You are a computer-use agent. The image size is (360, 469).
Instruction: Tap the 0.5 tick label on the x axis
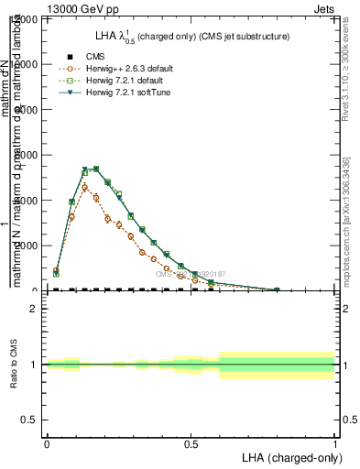[191, 443]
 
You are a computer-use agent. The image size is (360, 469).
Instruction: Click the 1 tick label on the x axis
[335, 443]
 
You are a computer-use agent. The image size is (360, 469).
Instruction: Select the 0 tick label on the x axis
[46, 443]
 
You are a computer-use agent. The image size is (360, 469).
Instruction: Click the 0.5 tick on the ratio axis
[29, 420]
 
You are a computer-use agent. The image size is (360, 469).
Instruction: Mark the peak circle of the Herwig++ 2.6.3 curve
[84, 187]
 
